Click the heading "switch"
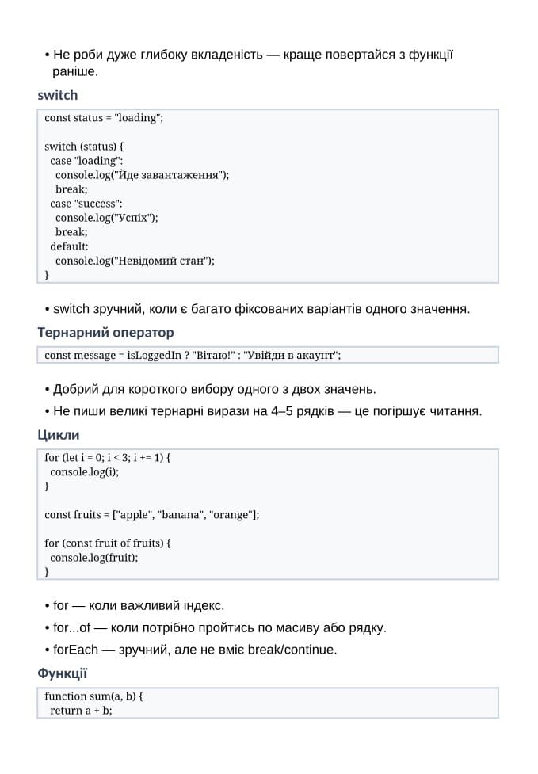(58, 95)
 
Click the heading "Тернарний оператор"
(105, 332)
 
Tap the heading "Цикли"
(59, 435)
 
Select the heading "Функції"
(62, 673)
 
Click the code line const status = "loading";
(104, 118)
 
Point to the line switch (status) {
(84, 147)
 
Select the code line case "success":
(86, 204)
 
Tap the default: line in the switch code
(69, 246)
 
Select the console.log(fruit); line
(93, 558)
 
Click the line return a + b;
(81, 711)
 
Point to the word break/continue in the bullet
(292, 650)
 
